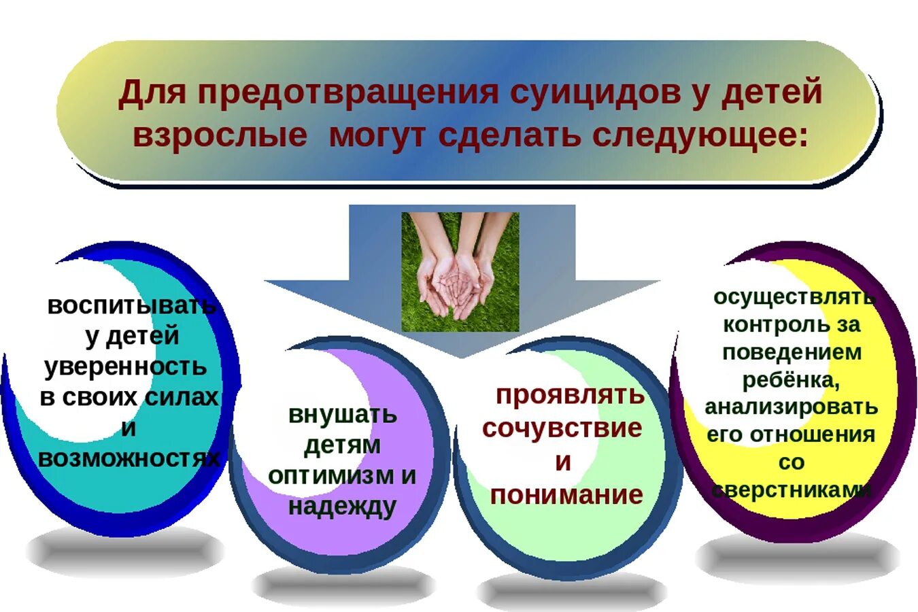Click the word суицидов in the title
coord(595,92)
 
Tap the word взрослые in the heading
coord(219,135)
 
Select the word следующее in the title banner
coord(700,135)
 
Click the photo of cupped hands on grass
coord(460,271)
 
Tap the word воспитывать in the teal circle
coord(131,305)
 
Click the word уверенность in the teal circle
coord(126,367)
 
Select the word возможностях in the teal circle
coord(129,458)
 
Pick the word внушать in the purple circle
coord(342,414)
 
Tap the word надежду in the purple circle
coord(342,507)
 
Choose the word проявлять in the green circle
coord(570,394)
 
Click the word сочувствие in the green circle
coord(562,428)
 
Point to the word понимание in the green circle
coord(566,494)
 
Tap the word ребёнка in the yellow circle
coord(791,379)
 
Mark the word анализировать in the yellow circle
coord(791,407)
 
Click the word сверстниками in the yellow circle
coord(791,490)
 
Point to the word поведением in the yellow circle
coord(792,352)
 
